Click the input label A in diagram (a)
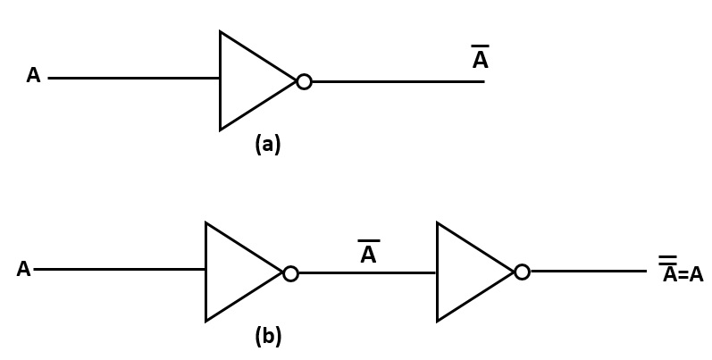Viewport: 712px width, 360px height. (33, 76)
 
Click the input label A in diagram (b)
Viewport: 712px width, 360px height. (23, 270)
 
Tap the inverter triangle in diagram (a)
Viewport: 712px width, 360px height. (250, 81)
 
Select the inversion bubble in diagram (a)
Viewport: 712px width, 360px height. (304, 82)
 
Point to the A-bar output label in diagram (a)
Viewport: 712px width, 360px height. (480, 60)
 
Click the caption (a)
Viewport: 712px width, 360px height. (267, 145)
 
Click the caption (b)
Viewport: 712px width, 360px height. (267, 337)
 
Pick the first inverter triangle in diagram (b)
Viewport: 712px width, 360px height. (237, 272)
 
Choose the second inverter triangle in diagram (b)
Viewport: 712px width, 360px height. (468, 272)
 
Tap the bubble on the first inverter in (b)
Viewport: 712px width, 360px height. (290, 273)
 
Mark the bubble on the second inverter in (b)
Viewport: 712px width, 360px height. (522, 272)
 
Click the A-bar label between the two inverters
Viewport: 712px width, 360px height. (368, 255)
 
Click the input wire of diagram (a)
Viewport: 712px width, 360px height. (134, 78)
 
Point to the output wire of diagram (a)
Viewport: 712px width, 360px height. (398, 81)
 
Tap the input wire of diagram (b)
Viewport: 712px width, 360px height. (120, 269)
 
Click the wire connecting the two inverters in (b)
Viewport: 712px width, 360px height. (367, 273)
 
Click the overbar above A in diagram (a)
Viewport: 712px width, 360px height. (480, 46)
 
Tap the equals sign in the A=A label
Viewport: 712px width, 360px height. (683, 276)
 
